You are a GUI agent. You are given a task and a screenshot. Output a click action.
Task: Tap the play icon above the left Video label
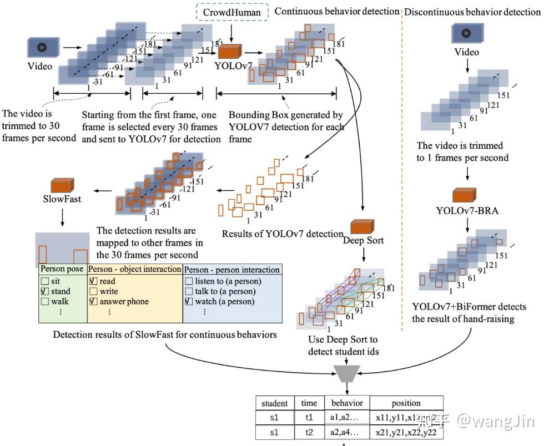(x=41, y=47)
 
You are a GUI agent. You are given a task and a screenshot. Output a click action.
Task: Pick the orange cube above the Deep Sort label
(x=361, y=226)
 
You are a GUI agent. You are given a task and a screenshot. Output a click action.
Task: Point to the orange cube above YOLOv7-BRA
(x=465, y=195)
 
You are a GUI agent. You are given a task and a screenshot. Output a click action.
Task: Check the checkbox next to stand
(x=45, y=291)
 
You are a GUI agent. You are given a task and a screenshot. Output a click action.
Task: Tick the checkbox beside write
(x=93, y=291)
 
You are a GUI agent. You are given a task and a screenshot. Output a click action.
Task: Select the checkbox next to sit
(x=45, y=281)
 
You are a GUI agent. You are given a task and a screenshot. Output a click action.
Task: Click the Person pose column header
(x=62, y=270)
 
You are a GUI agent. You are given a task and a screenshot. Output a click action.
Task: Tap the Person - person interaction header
(x=232, y=270)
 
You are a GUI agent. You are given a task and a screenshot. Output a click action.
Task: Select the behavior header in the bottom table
(x=347, y=403)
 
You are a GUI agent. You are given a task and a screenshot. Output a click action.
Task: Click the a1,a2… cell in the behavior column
(x=347, y=417)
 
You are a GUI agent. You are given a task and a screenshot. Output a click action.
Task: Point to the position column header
(x=406, y=403)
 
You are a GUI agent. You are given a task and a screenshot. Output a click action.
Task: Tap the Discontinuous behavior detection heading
(x=472, y=12)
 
